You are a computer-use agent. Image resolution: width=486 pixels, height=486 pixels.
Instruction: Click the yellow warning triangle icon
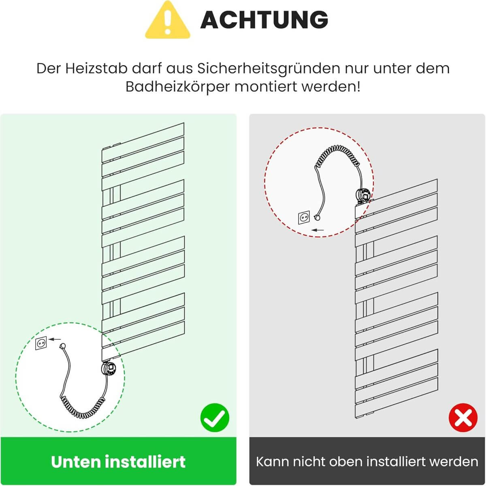pos(167,20)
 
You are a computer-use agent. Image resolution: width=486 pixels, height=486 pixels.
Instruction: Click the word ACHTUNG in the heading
pos(264,20)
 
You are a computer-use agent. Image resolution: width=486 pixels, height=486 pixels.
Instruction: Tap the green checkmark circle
pos(215,418)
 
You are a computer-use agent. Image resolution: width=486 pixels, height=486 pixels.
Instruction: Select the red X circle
pos(463,418)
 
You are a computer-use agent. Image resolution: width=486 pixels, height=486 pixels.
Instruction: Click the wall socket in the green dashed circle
pos(41,343)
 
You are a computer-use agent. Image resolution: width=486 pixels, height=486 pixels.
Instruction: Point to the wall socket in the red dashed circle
pos(304,217)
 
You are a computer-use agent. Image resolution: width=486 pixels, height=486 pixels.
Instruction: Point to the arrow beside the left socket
pos(55,339)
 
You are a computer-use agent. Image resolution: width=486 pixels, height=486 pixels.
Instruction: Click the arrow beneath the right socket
pos(318,230)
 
